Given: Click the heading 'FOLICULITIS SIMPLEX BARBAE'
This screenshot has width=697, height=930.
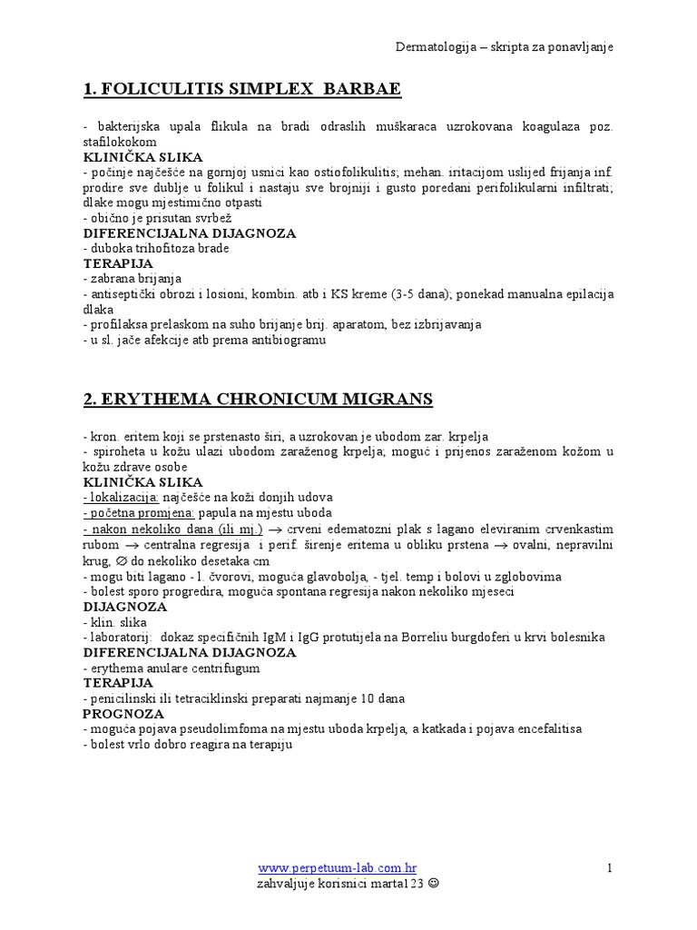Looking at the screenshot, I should [x=241, y=89].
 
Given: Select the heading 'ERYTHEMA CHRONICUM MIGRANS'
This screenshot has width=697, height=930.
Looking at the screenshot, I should [x=258, y=399].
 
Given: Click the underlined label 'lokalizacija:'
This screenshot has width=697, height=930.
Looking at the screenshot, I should [x=122, y=497].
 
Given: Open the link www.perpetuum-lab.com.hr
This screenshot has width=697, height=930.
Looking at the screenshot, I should [x=338, y=868].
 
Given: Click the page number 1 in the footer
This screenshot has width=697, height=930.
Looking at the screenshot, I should [x=611, y=868].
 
